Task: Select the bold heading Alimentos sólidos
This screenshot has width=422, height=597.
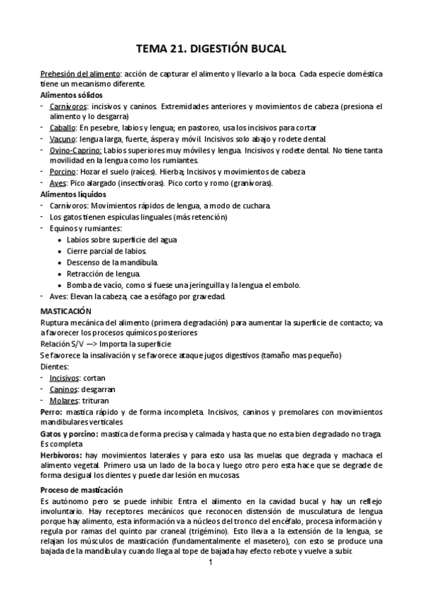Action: pos(72,94)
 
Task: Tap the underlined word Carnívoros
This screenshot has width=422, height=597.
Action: pos(68,106)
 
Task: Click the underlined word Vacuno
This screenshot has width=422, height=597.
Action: pos(63,139)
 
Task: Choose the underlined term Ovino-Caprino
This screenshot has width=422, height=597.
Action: pos(76,150)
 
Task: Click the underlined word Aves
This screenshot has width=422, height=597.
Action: pos(58,183)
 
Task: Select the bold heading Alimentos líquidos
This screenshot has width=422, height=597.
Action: pos(73,194)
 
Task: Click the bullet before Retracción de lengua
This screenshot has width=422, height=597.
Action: pos(59,273)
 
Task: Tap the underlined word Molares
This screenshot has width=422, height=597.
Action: pos(63,400)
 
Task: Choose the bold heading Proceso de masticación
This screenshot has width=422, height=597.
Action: pos(81,489)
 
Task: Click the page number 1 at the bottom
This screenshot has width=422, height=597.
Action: pos(210,563)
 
